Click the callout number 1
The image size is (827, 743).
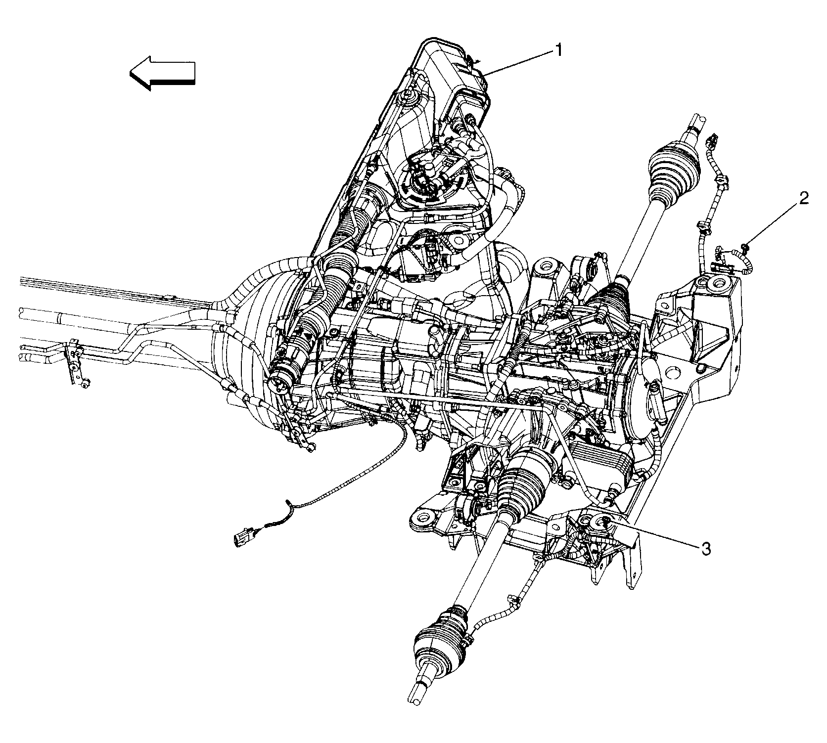(x=558, y=50)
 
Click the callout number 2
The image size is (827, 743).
(x=803, y=199)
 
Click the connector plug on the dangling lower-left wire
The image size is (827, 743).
(x=242, y=537)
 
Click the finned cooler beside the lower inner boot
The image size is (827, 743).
(x=600, y=462)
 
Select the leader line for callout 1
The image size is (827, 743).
(x=519, y=62)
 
